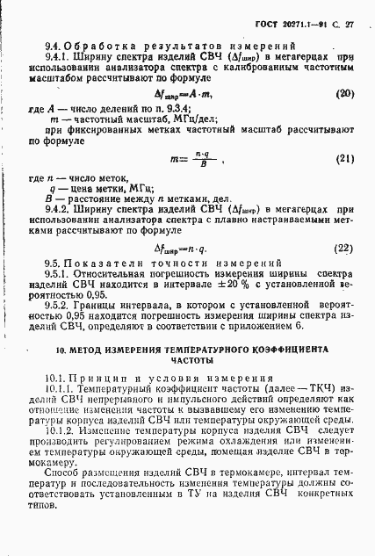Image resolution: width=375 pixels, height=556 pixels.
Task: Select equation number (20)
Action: coord(345,93)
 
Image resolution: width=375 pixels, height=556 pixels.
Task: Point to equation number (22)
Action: coord(345,248)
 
